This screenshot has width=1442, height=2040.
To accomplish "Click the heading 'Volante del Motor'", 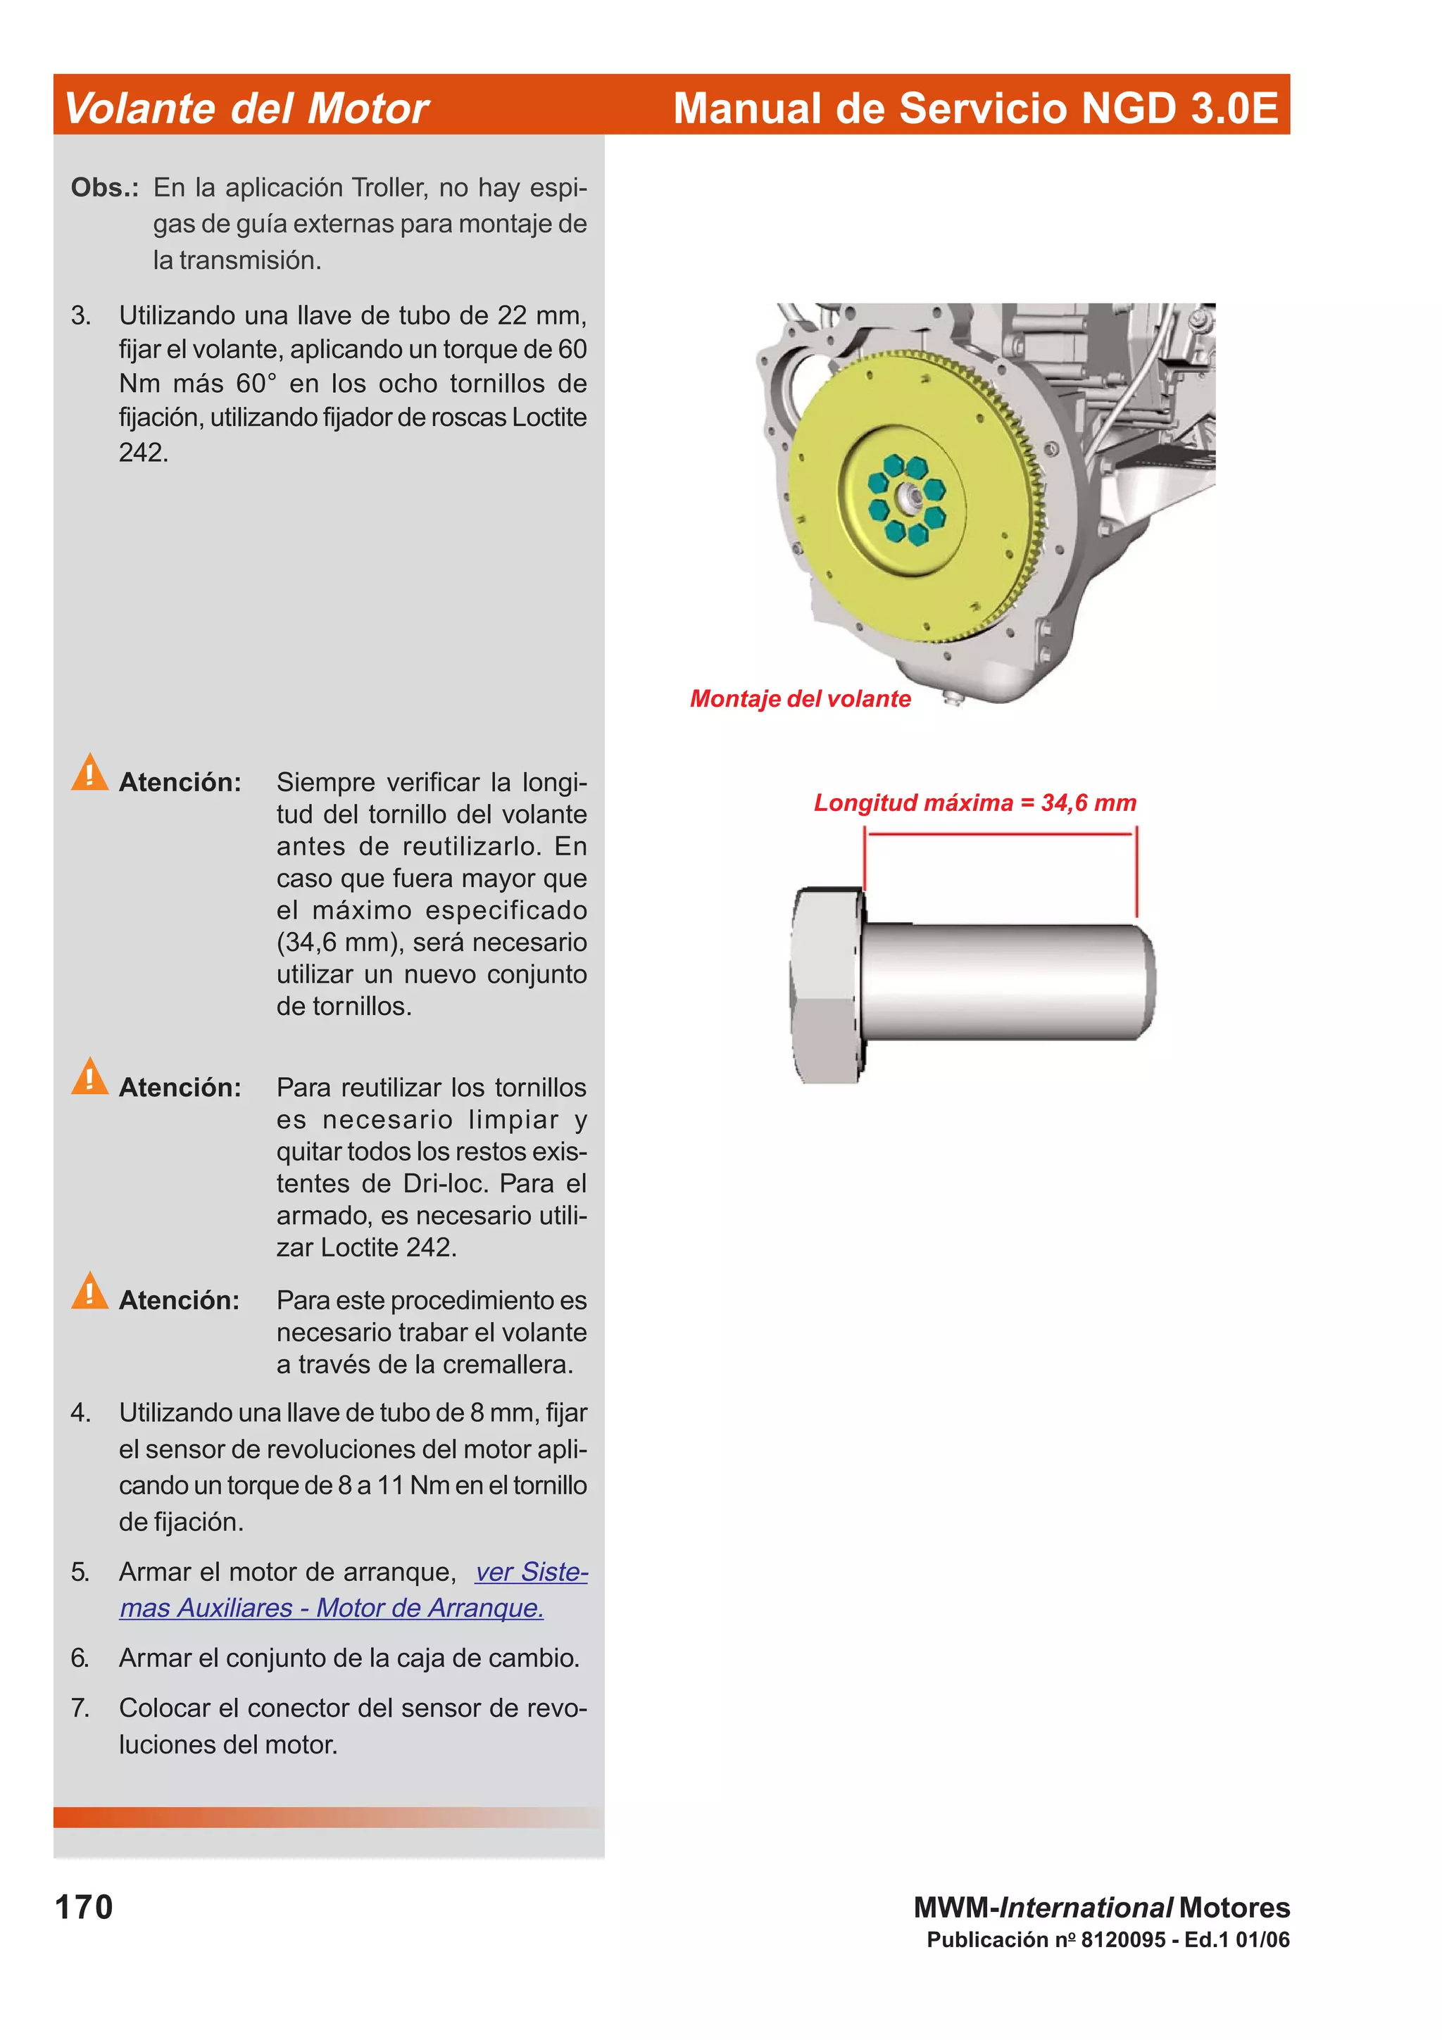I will click(x=246, y=108).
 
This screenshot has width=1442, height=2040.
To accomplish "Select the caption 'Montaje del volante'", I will click(x=800, y=698).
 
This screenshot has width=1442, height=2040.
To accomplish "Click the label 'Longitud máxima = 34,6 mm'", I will click(x=974, y=802).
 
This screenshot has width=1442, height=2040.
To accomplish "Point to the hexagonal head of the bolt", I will click(x=825, y=985).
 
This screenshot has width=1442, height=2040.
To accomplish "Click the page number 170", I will click(x=84, y=1907).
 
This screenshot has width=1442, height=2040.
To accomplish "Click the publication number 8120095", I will click(x=1122, y=1939).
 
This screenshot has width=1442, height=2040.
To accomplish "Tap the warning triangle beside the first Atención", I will click(x=89, y=772).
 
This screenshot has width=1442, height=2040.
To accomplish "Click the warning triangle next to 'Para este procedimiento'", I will click(x=89, y=1291).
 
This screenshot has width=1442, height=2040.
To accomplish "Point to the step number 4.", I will click(x=80, y=1413).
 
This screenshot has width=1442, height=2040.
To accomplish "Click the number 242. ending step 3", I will click(x=143, y=452).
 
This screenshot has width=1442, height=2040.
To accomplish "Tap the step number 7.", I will click(x=80, y=1708).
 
